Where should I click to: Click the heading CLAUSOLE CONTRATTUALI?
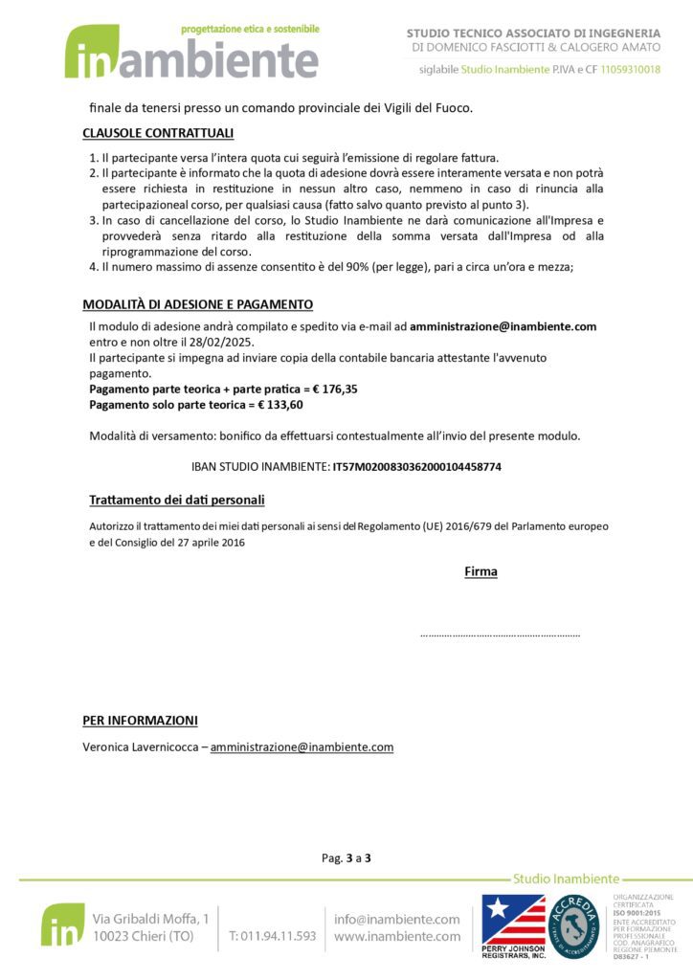158,133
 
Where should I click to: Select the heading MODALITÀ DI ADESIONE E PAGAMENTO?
197,304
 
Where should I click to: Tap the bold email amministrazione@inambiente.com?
503,326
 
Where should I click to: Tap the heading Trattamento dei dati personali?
176,501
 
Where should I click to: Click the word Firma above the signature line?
481,572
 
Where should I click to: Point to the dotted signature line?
500,635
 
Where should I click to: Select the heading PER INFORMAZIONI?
140,721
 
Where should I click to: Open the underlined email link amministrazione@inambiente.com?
302,747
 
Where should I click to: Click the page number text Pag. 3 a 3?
346,858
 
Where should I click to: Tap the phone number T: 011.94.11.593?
273,936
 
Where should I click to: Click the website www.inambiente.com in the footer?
396,936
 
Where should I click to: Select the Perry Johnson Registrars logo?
513,925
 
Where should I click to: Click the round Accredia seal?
574,925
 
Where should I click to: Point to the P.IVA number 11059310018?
631,70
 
